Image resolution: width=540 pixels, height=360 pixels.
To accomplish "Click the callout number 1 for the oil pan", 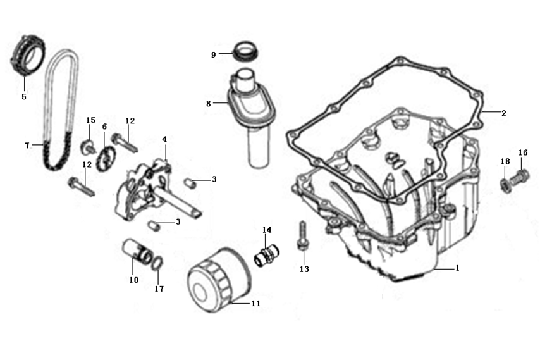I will (x=457, y=268).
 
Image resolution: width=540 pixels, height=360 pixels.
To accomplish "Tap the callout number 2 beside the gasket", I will (x=503, y=114).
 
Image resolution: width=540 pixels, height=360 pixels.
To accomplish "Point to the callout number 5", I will (x=24, y=97).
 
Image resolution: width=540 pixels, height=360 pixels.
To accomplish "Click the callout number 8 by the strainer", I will (x=208, y=102).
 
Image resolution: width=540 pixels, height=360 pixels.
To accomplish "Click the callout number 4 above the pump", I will (x=164, y=139).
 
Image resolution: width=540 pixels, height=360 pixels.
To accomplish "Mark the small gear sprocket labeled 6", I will (x=106, y=156).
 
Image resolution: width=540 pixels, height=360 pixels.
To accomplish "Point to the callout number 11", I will (x=255, y=304).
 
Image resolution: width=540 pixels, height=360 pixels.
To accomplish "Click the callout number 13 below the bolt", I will (x=304, y=270).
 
